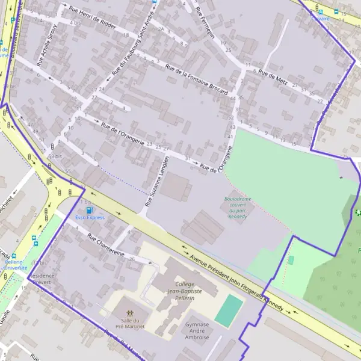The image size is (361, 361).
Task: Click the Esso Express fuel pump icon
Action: click(90, 210)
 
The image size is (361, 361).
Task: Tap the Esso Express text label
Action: click(90, 218)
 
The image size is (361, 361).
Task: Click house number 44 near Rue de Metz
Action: click(232, 97)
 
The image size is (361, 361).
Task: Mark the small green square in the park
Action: click(291, 260)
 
